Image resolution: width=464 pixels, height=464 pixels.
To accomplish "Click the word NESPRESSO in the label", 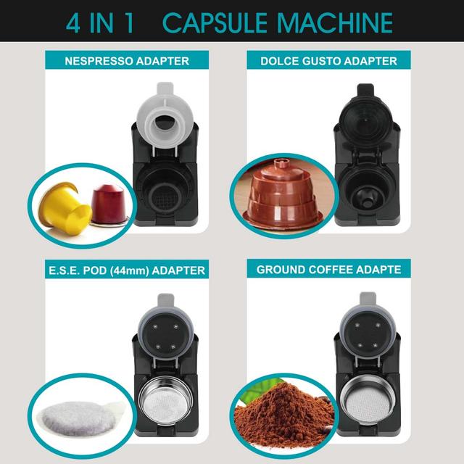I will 95,62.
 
